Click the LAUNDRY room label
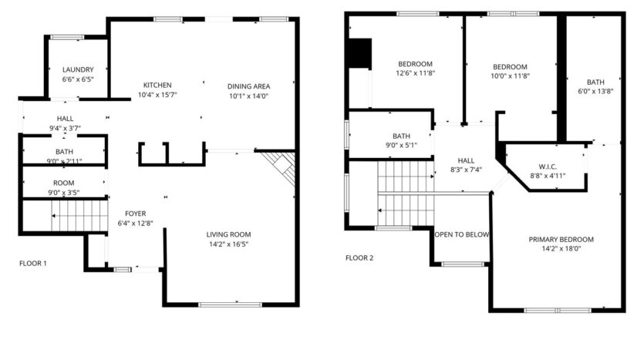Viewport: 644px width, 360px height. click(77, 69)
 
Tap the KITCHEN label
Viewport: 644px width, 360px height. click(157, 85)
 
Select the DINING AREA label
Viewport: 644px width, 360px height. click(248, 86)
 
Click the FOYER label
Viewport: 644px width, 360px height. click(136, 214)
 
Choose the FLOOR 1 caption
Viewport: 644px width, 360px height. click(33, 264)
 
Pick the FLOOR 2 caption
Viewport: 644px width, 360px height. click(359, 258)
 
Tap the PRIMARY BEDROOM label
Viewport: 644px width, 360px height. click(555, 239)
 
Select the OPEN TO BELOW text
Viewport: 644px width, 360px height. click(461, 234)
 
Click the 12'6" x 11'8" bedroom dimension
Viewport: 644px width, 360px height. click(415, 73)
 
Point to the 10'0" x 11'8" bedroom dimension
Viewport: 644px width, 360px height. click(510, 76)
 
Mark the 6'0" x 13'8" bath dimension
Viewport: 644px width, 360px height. click(595, 92)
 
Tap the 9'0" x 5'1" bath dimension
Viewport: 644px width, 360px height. click(401, 146)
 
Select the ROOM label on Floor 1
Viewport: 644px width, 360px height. click(63, 183)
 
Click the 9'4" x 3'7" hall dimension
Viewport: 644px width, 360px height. click(65, 128)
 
